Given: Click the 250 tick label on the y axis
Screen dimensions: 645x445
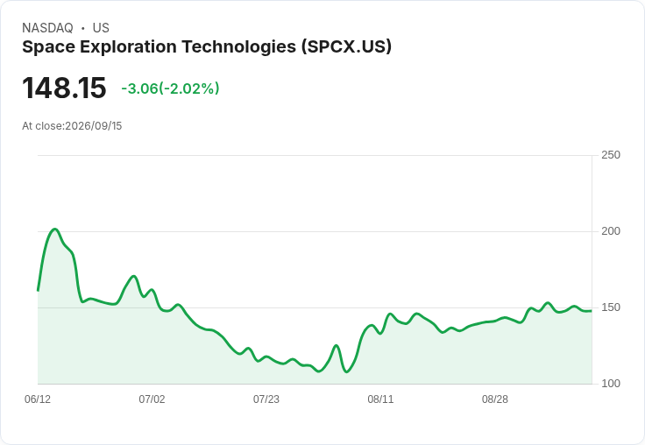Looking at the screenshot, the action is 611,155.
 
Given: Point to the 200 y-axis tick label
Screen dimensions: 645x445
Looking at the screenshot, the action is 611,231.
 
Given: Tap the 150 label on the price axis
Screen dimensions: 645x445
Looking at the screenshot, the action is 611,307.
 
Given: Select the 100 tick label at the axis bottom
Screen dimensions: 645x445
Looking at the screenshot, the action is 611,384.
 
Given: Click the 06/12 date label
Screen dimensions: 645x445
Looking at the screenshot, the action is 38,399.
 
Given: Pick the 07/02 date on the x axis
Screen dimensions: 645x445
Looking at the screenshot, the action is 152,399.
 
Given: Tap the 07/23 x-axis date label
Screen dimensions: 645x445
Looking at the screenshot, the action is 266,399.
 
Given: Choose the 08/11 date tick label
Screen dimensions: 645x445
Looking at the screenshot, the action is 380,399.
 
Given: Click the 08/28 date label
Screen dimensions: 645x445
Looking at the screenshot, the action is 495,399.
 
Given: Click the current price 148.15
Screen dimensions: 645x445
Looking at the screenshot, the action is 64,88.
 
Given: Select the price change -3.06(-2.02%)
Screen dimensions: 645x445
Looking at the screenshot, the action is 170,88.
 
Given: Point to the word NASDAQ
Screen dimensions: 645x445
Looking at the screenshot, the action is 47,28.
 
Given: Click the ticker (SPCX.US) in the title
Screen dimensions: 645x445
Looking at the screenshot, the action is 346,47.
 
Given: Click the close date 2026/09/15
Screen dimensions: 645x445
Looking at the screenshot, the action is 94,126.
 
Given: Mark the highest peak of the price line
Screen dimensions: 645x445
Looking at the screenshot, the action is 55,230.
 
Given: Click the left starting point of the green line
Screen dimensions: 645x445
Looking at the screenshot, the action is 38,290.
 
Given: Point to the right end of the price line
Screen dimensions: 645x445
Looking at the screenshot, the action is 592,311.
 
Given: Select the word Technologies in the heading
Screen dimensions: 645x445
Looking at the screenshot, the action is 238,47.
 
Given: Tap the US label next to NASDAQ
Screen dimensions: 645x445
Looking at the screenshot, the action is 101,28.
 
